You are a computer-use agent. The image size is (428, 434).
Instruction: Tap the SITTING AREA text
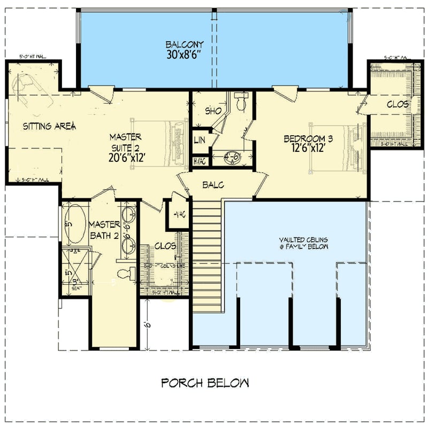click(x=49, y=127)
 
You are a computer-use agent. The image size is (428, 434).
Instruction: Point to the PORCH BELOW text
click(x=205, y=383)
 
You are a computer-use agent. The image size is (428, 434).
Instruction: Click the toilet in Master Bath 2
click(x=124, y=274)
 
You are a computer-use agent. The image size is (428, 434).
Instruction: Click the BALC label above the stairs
click(x=212, y=185)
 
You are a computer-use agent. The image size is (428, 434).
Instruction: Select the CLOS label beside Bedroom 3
click(x=398, y=105)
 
